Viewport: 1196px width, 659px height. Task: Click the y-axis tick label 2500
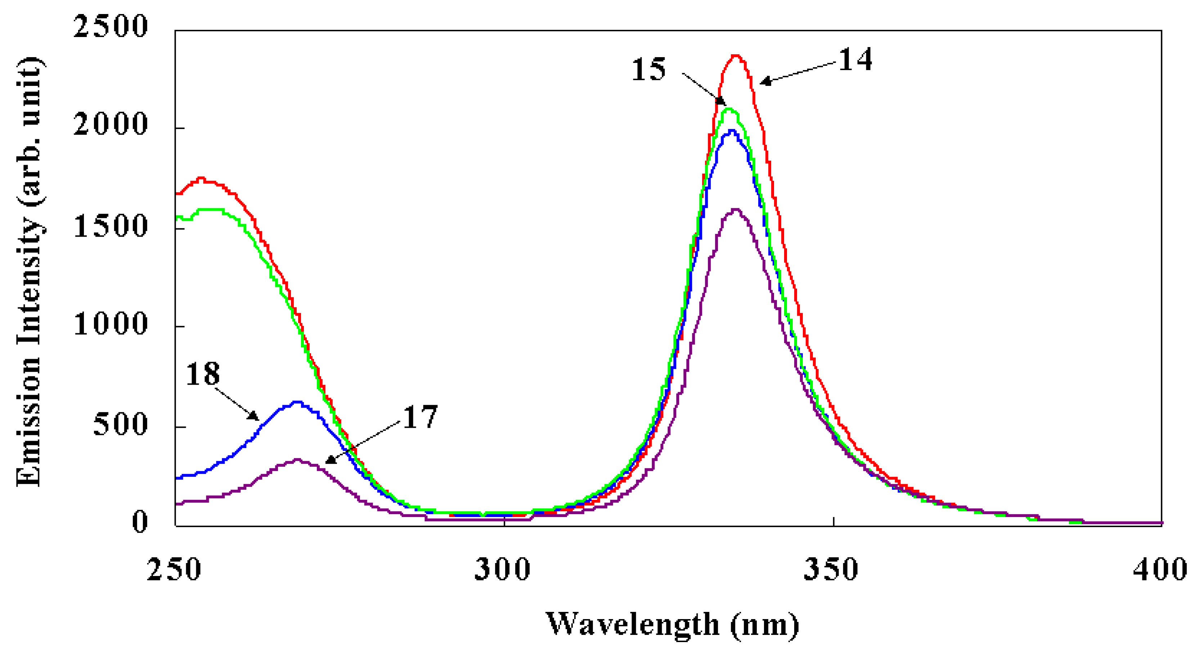tap(111, 27)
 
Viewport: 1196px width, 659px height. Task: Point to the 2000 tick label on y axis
tap(111, 125)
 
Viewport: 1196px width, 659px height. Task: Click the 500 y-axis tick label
tap(120, 424)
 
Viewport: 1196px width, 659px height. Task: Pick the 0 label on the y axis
tap(140, 523)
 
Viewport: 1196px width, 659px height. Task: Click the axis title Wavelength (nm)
tap(672, 625)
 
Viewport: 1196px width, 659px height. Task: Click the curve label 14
tap(855, 60)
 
